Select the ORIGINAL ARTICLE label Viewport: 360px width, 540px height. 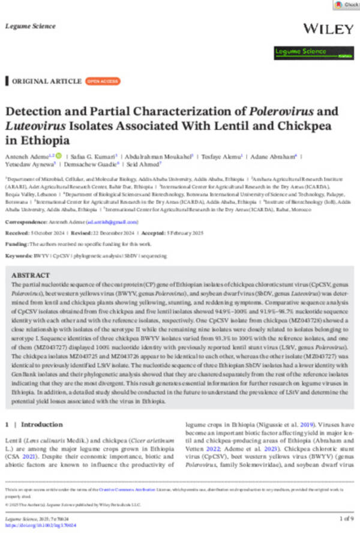(x=47, y=81)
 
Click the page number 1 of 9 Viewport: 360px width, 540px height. (x=346, y=517)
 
